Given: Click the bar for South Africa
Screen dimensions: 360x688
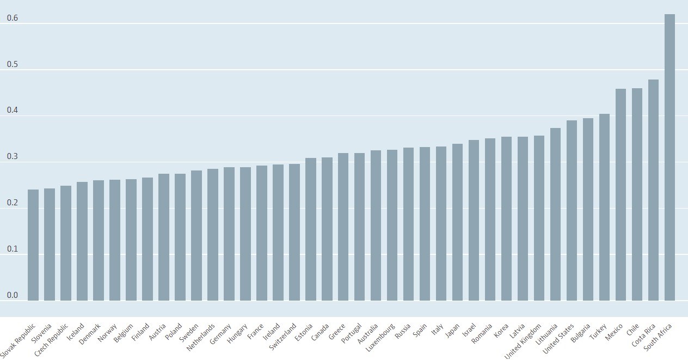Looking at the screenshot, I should tap(669, 158).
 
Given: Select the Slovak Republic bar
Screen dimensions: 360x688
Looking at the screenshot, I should tap(33, 245).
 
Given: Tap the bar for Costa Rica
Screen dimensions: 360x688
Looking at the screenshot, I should tap(653, 191).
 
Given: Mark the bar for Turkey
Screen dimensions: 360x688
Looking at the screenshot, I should tap(604, 208).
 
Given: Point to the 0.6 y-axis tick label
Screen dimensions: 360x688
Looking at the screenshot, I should tap(12, 19).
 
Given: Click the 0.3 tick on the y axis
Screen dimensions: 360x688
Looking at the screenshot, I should tap(12, 157).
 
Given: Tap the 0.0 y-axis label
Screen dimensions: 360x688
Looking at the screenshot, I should tap(12, 296).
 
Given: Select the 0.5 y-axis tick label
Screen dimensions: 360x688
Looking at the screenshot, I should tap(12, 65).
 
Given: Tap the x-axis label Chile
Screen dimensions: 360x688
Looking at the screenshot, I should tap(632, 330).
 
